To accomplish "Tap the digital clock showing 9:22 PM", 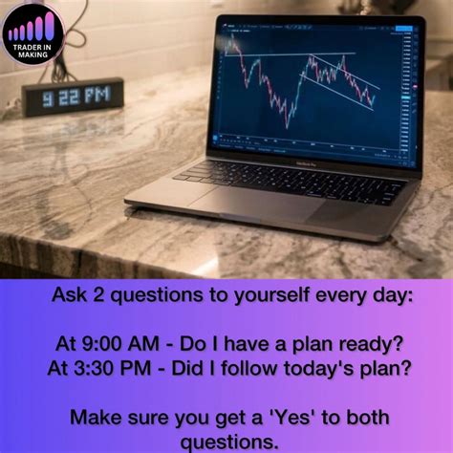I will (x=74, y=97).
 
